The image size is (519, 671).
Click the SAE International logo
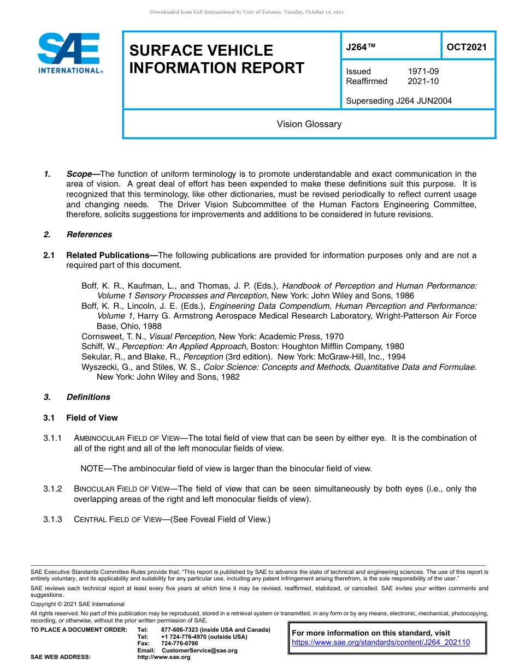point(69,53)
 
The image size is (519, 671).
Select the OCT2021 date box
point(467,47)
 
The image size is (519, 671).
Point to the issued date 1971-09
point(423,71)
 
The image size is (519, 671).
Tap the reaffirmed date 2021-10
point(423,81)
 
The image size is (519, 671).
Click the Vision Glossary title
point(309,124)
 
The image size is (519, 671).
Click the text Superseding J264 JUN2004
point(399,101)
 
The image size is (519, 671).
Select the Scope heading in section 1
point(79,174)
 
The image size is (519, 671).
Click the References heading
point(89,235)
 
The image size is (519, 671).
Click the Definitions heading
point(88,397)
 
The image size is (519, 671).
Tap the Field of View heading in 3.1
point(92,418)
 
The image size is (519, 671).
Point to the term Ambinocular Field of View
point(126,438)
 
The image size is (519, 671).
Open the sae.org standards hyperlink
point(381,643)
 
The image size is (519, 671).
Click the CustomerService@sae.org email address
point(199,651)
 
